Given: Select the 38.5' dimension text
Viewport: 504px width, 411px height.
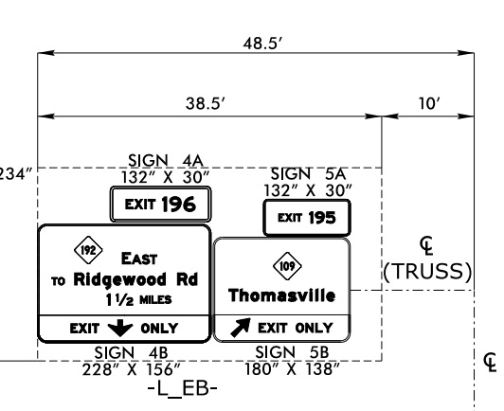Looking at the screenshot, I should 204,105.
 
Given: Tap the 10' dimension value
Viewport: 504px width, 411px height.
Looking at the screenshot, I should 428,105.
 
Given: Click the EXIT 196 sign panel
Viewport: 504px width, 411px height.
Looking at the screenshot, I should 160,203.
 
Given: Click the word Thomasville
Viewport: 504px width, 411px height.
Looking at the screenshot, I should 281,296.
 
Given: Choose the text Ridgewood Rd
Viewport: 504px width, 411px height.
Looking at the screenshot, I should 137,279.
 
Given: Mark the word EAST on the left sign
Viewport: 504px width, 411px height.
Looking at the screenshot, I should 138,256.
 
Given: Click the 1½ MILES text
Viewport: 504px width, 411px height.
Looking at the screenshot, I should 142,300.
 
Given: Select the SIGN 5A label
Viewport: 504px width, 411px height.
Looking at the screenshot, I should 308,174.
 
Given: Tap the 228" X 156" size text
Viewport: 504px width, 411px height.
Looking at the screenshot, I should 133,367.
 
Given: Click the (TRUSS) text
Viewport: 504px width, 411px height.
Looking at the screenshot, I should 426,272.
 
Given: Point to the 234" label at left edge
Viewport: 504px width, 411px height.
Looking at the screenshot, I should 16,174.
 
